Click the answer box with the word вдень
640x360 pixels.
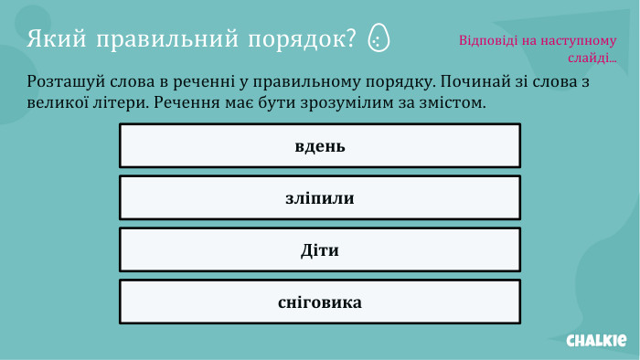pyautogui.click(x=319, y=146)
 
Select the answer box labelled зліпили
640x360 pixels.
pyautogui.click(x=319, y=198)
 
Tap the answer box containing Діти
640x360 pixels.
pyautogui.click(x=319, y=250)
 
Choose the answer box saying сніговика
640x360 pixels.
pyautogui.click(x=319, y=302)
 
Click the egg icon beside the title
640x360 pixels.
pyautogui.click(x=378, y=39)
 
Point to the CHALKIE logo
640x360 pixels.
pyautogui.click(x=596, y=340)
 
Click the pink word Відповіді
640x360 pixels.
pyautogui.click(x=486, y=41)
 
